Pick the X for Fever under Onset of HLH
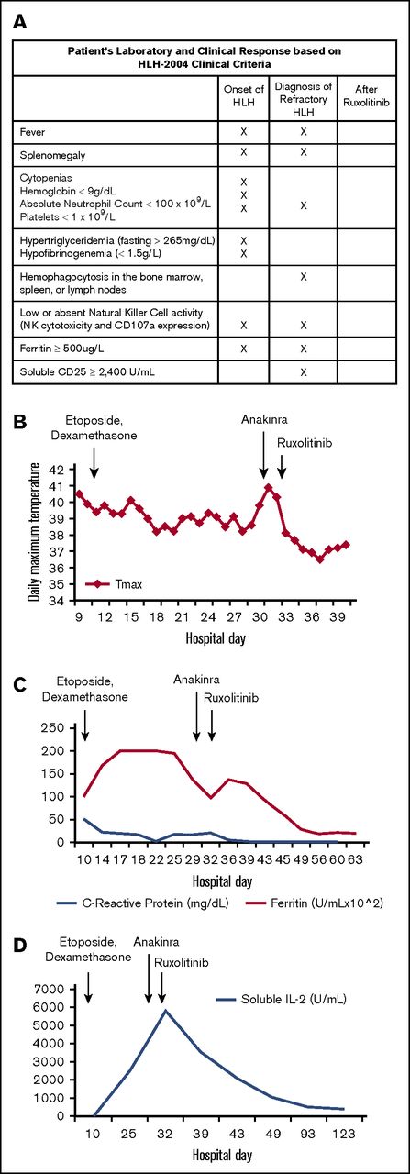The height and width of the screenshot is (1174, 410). (243, 131)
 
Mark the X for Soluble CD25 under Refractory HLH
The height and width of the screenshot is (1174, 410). (303, 371)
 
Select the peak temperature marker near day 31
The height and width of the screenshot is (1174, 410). (268, 487)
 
